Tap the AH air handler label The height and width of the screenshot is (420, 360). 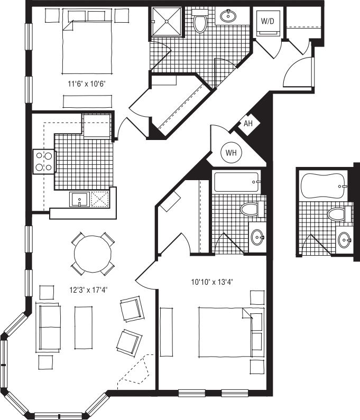pos(248,124)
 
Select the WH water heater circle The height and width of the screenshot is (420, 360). pos(231,153)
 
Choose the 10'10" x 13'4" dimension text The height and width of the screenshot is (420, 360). pos(213,282)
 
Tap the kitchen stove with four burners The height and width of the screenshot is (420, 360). pos(44,162)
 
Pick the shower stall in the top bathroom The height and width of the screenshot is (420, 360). pos(167,22)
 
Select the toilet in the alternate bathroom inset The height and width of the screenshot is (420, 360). pos(337,214)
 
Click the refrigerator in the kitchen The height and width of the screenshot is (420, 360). pos(96,126)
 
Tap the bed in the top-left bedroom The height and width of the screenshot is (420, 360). pos(88,45)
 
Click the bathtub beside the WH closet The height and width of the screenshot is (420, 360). pos(236,182)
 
